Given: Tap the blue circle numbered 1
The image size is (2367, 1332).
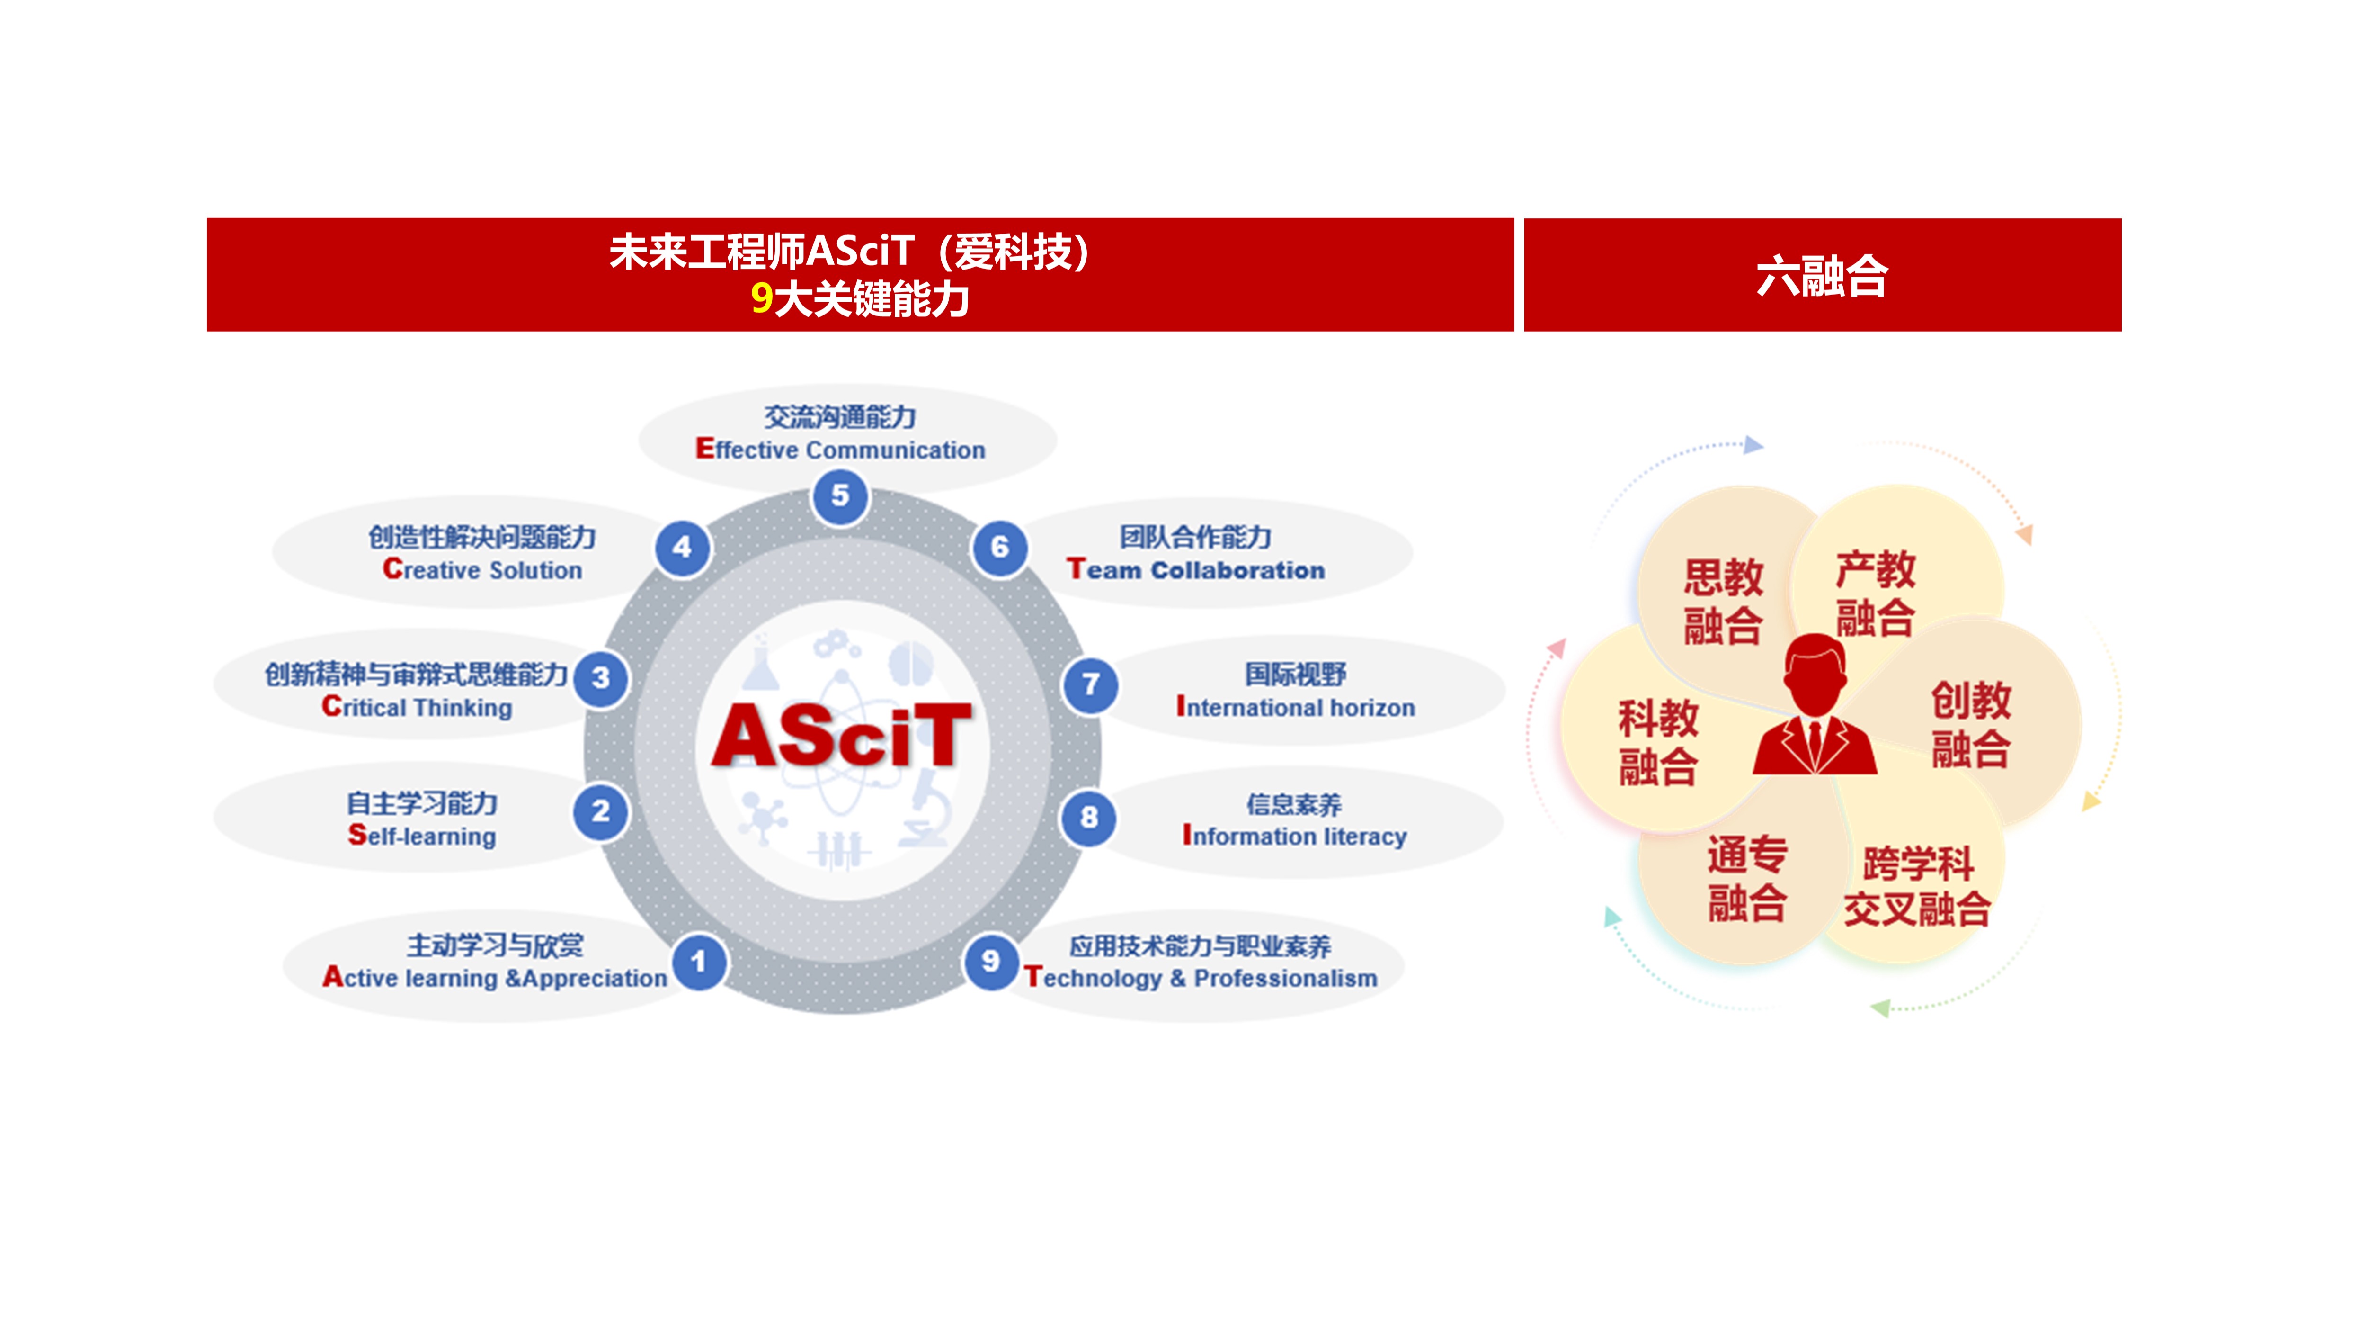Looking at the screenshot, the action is pos(698,962).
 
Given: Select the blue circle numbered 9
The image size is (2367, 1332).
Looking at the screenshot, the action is pos(990,962).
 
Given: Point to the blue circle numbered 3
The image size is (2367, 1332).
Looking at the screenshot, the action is pos(601,678).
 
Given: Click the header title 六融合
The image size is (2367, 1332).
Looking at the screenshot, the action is pos(1822,276).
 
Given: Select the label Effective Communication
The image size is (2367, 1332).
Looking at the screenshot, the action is pos(840,450).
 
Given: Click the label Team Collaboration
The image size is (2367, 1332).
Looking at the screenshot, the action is pos(1195,570).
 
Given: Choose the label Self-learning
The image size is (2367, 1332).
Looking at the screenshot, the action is pos(422,836).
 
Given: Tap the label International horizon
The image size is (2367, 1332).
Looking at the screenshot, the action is pos(1296,707).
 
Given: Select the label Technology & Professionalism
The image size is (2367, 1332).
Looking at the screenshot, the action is pos(1200,978).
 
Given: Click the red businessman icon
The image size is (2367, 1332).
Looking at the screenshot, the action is pos(1815,704).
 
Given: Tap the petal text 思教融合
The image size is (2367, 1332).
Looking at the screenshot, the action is pos(1723,601).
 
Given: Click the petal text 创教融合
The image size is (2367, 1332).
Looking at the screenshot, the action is pos(1971,724).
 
